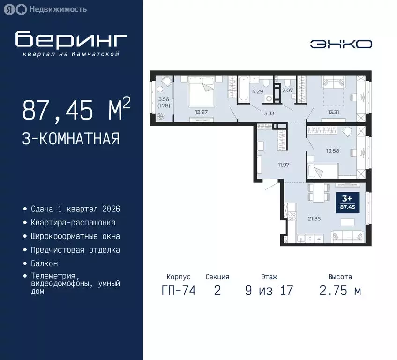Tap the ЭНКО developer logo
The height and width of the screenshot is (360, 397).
click(341, 44)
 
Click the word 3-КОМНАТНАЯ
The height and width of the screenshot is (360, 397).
click(71, 139)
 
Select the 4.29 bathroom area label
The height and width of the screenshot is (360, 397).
click(258, 92)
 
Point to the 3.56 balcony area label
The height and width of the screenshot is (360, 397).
click(164, 99)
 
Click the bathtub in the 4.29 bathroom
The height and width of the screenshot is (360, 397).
click(244, 89)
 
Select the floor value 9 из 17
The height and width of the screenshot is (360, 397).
click(269, 291)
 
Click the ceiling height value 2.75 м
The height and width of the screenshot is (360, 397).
click(340, 291)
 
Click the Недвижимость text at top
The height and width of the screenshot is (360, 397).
click(57, 9)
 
